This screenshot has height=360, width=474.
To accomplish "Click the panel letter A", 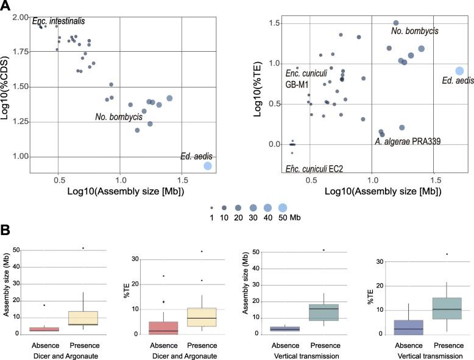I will (x=6, y=6).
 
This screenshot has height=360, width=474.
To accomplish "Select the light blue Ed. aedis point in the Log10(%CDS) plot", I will (x=208, y=166).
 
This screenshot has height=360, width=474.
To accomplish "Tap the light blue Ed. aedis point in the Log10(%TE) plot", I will (x=459, y=72).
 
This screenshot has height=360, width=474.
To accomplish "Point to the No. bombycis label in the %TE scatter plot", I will (x=414, y=30).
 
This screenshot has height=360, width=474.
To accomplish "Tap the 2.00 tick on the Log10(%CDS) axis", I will (x=21, y=17).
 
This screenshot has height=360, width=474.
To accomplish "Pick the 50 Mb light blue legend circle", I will (x=283, y=207).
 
